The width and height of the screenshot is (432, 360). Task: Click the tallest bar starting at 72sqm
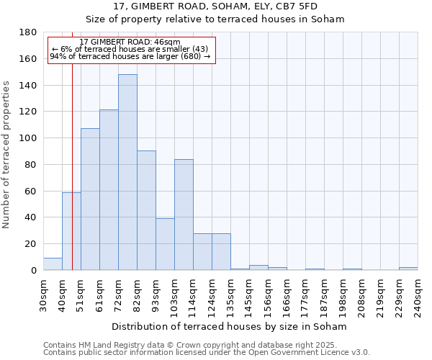127,172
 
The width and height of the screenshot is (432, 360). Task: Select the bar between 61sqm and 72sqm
109,190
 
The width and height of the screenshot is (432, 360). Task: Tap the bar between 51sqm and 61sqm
90,199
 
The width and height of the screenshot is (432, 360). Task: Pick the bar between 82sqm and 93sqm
146,210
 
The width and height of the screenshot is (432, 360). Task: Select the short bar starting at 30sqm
53,264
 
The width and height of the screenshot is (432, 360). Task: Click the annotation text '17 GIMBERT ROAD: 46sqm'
130,42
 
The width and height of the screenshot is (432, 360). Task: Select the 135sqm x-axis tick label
230,295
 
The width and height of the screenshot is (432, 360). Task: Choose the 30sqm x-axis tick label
43,295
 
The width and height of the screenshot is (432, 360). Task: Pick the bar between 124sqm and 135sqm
221,251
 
